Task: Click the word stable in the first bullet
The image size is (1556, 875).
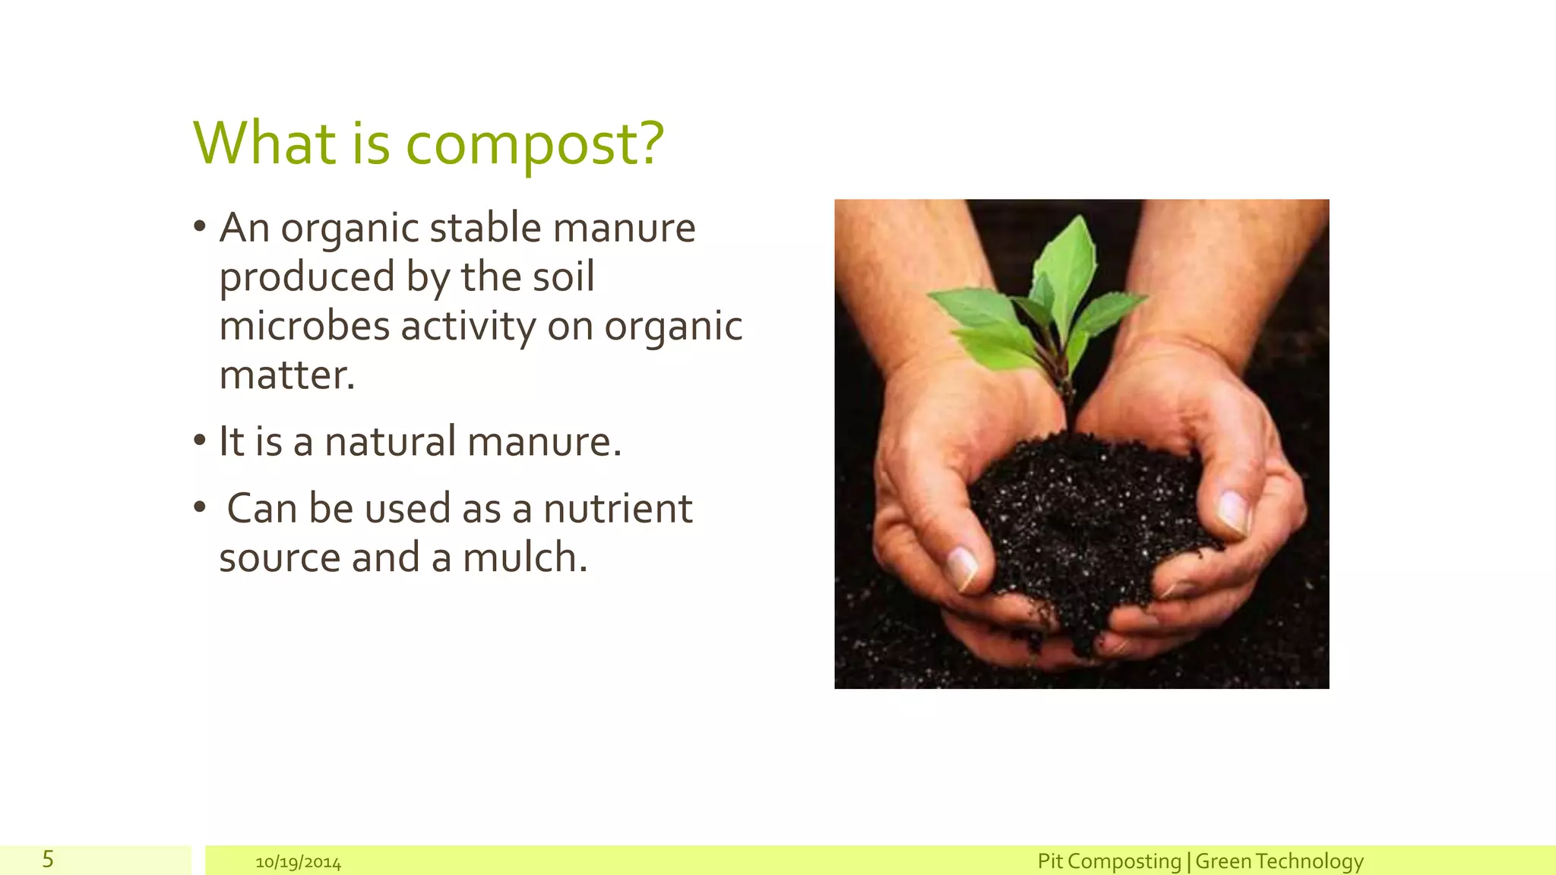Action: click(x=485, y=228)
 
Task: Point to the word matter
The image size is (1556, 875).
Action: click(x=286, y=375)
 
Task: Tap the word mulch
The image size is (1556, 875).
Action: click(x=524, y=558)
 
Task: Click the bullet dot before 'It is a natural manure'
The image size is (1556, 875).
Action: click(x=200, y=440)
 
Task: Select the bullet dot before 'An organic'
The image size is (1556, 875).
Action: click(x=200, y=226)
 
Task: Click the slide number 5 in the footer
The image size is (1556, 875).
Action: click(x=48, y=860)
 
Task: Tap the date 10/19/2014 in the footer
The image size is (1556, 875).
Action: click(x=298, y=863)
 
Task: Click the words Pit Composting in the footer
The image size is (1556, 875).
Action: click(x=1108, y=861)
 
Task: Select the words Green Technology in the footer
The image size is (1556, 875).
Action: click(x=1279, y=861)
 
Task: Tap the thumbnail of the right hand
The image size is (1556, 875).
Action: click(x=1235, y=513)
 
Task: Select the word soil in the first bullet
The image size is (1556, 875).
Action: click(x=563, y=277)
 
